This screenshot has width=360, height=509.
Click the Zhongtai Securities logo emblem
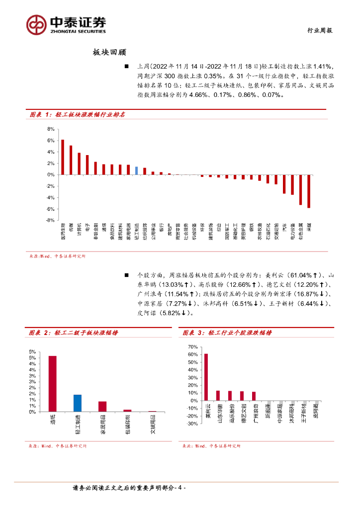(36, 24)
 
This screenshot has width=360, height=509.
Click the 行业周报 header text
(319, 30)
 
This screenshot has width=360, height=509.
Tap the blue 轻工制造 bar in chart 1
(137, 170)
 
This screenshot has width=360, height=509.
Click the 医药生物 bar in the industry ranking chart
(63, 157)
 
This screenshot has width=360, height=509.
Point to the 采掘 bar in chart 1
(309, 191)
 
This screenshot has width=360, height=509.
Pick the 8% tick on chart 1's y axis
(50, 129)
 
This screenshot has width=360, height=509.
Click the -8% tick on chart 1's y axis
(50, 220)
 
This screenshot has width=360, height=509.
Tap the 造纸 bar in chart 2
(52, 383)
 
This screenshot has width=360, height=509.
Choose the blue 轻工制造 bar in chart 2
(78, 403)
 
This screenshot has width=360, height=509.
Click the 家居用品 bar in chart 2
(102, 406)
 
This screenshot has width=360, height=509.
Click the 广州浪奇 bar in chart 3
(254, 396)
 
